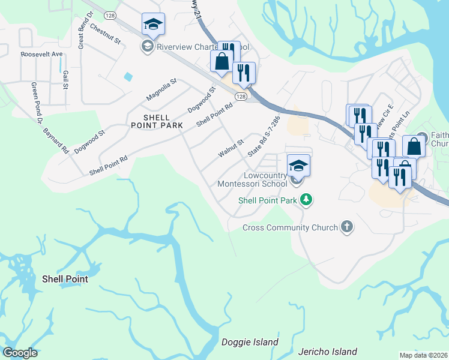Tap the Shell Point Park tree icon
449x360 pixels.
click(x=307, y=199)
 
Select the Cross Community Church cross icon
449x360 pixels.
click(x=346, y=227)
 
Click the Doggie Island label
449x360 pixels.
click(x=250, y=342)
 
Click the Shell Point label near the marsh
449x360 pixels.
click(x=65, y=279)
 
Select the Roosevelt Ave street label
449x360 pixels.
click(x=41, y=54)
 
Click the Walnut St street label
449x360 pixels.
click(x=231, y=148)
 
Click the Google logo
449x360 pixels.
click(x=20, y=353)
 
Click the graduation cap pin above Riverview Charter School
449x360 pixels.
click(x=153, y=25)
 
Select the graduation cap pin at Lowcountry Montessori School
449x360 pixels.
click(x=298, y=165)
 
